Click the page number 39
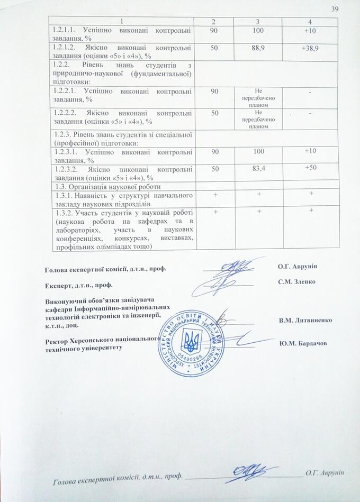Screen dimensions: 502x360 [334, 8]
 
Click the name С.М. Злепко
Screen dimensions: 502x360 [296, 281]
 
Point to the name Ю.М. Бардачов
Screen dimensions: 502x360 [302, 343]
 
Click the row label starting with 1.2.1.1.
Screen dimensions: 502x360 [122, 34]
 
